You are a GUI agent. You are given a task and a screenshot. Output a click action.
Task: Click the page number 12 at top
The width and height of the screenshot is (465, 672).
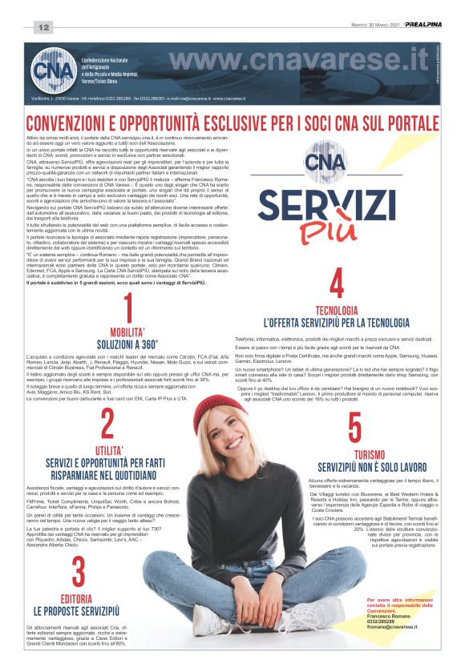[x=42, y=28]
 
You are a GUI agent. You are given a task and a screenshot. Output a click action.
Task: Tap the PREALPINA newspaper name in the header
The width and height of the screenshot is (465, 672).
[x=423, y=25]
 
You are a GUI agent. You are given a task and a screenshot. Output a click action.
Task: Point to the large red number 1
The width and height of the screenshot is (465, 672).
[x=128, y=310]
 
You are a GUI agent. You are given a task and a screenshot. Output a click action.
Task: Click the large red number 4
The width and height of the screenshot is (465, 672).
[x=337, y=284]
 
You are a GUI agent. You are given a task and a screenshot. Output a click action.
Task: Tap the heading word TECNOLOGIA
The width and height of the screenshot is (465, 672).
[x=337, y=310]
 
